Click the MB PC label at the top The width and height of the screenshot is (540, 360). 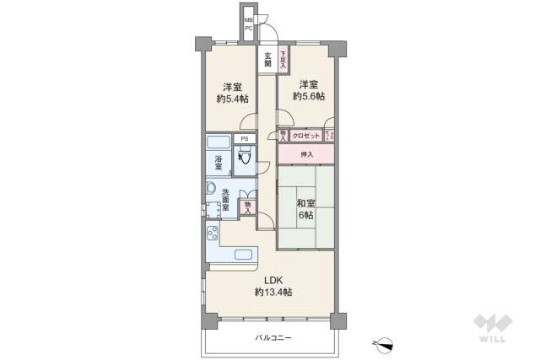pos(249,24)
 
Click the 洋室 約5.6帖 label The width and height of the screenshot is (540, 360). pos(307,90)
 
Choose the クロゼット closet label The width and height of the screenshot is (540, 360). pos(306,136)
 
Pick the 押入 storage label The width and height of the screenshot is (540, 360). pos(306,154)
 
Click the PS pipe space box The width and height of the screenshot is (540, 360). pos(245,139)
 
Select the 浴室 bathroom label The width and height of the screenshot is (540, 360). pos(218,164)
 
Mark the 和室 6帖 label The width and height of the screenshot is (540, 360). pos(305,209)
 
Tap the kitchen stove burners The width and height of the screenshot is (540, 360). pos(213,234)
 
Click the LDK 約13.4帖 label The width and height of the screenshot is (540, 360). pos(273,286)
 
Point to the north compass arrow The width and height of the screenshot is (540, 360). pos(384,342)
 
